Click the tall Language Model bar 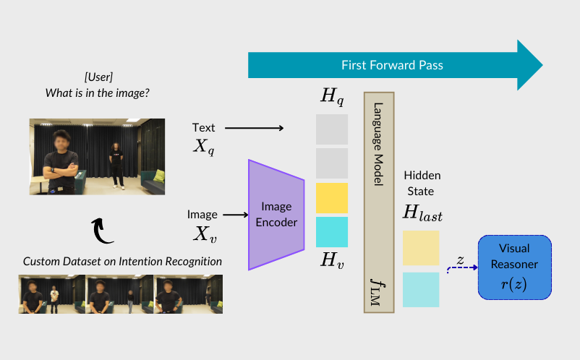point(378,202)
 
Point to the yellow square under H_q point(332,198)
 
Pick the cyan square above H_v point(332,232)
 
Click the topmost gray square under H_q point(332,129)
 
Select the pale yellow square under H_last point(420,248)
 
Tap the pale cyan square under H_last point(420,289)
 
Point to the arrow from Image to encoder point(235,215)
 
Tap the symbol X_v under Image point(205,233)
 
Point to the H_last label point(422,213)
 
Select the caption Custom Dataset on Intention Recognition point(121,262)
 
